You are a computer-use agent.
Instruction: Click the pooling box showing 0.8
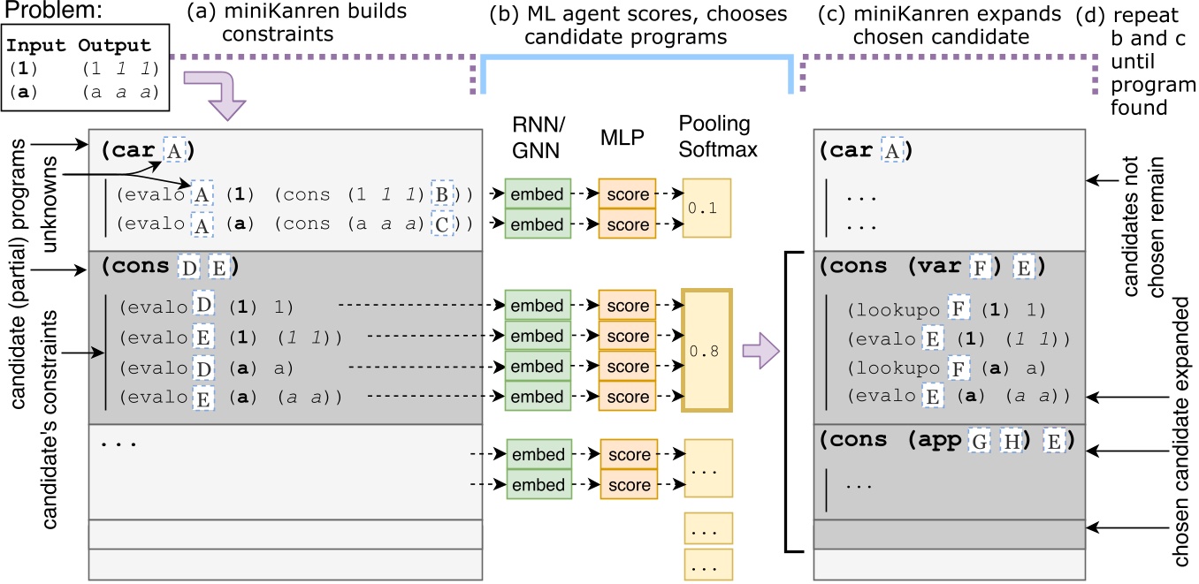(x=706, y=351)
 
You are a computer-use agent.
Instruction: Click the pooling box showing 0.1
(x=706, y=209)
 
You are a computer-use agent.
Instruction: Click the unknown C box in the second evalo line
(x=439, y=225)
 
